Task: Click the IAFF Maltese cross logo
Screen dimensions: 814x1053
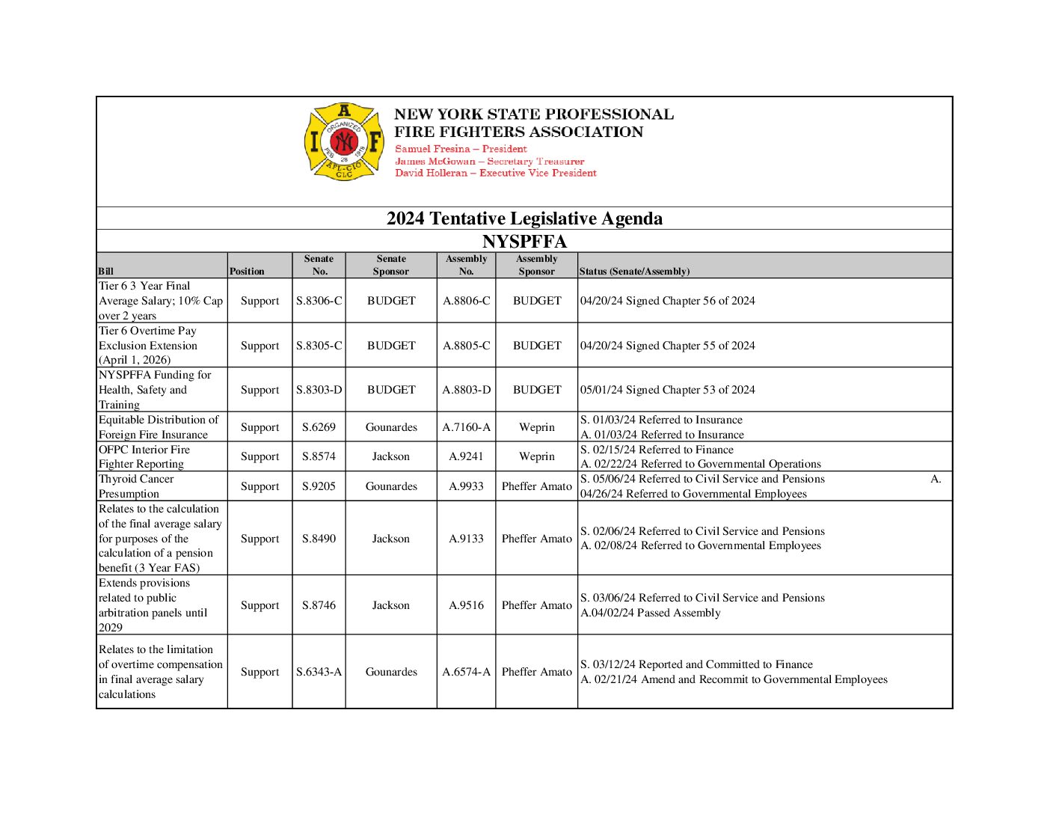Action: [x=344, y=142]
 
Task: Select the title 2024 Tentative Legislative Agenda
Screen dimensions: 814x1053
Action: [x=524, y=218]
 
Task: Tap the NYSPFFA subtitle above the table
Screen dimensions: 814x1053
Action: [x=524, y=242]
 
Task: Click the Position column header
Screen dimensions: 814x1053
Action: [x=247, y=272]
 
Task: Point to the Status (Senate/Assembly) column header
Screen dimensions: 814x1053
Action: [x=634, y=272]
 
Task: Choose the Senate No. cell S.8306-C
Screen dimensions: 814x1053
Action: [x=319, y=301]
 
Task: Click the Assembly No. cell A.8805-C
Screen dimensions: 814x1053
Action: [x=466, y=346]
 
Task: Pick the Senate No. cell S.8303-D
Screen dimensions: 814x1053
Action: [x=319, y=390]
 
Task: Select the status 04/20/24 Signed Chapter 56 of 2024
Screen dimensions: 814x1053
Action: [x=668, y=301]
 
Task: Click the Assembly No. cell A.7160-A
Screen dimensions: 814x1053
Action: [x=466, y=427]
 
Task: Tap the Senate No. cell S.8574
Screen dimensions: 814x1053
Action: [x=319, y=456]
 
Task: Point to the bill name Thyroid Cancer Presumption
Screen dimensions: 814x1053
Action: [x=136, y=486]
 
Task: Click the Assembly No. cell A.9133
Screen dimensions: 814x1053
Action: [x=466, y=539]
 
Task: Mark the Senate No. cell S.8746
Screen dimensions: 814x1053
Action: [x=319, y=605]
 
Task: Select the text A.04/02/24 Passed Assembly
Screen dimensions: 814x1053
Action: [x=651, y=613]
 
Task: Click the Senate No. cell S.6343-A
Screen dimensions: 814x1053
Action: [x=319, y=672]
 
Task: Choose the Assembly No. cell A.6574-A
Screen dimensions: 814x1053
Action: [x=466, y=672]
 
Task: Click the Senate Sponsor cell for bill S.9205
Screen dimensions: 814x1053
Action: [x=391, y=486]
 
